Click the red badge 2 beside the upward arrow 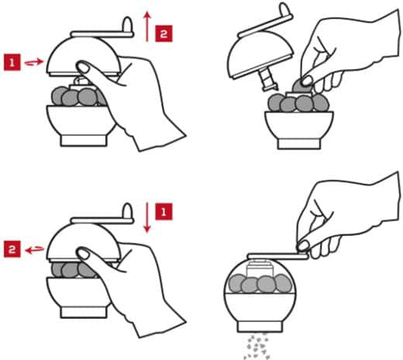point(164,33)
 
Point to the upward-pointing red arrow point(147,26)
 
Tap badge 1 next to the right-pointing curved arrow point(12,62)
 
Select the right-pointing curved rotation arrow point(34,62)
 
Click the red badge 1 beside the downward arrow point(164,212)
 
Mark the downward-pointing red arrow point(147,218)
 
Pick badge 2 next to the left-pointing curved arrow point(12,249)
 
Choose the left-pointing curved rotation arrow point(34,250)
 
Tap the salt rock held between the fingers point(301,86)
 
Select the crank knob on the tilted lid point(286,10)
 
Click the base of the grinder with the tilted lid point(299,144)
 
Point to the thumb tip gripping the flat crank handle point(303,245)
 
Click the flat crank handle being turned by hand point(278,256)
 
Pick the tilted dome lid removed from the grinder point(260,55)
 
